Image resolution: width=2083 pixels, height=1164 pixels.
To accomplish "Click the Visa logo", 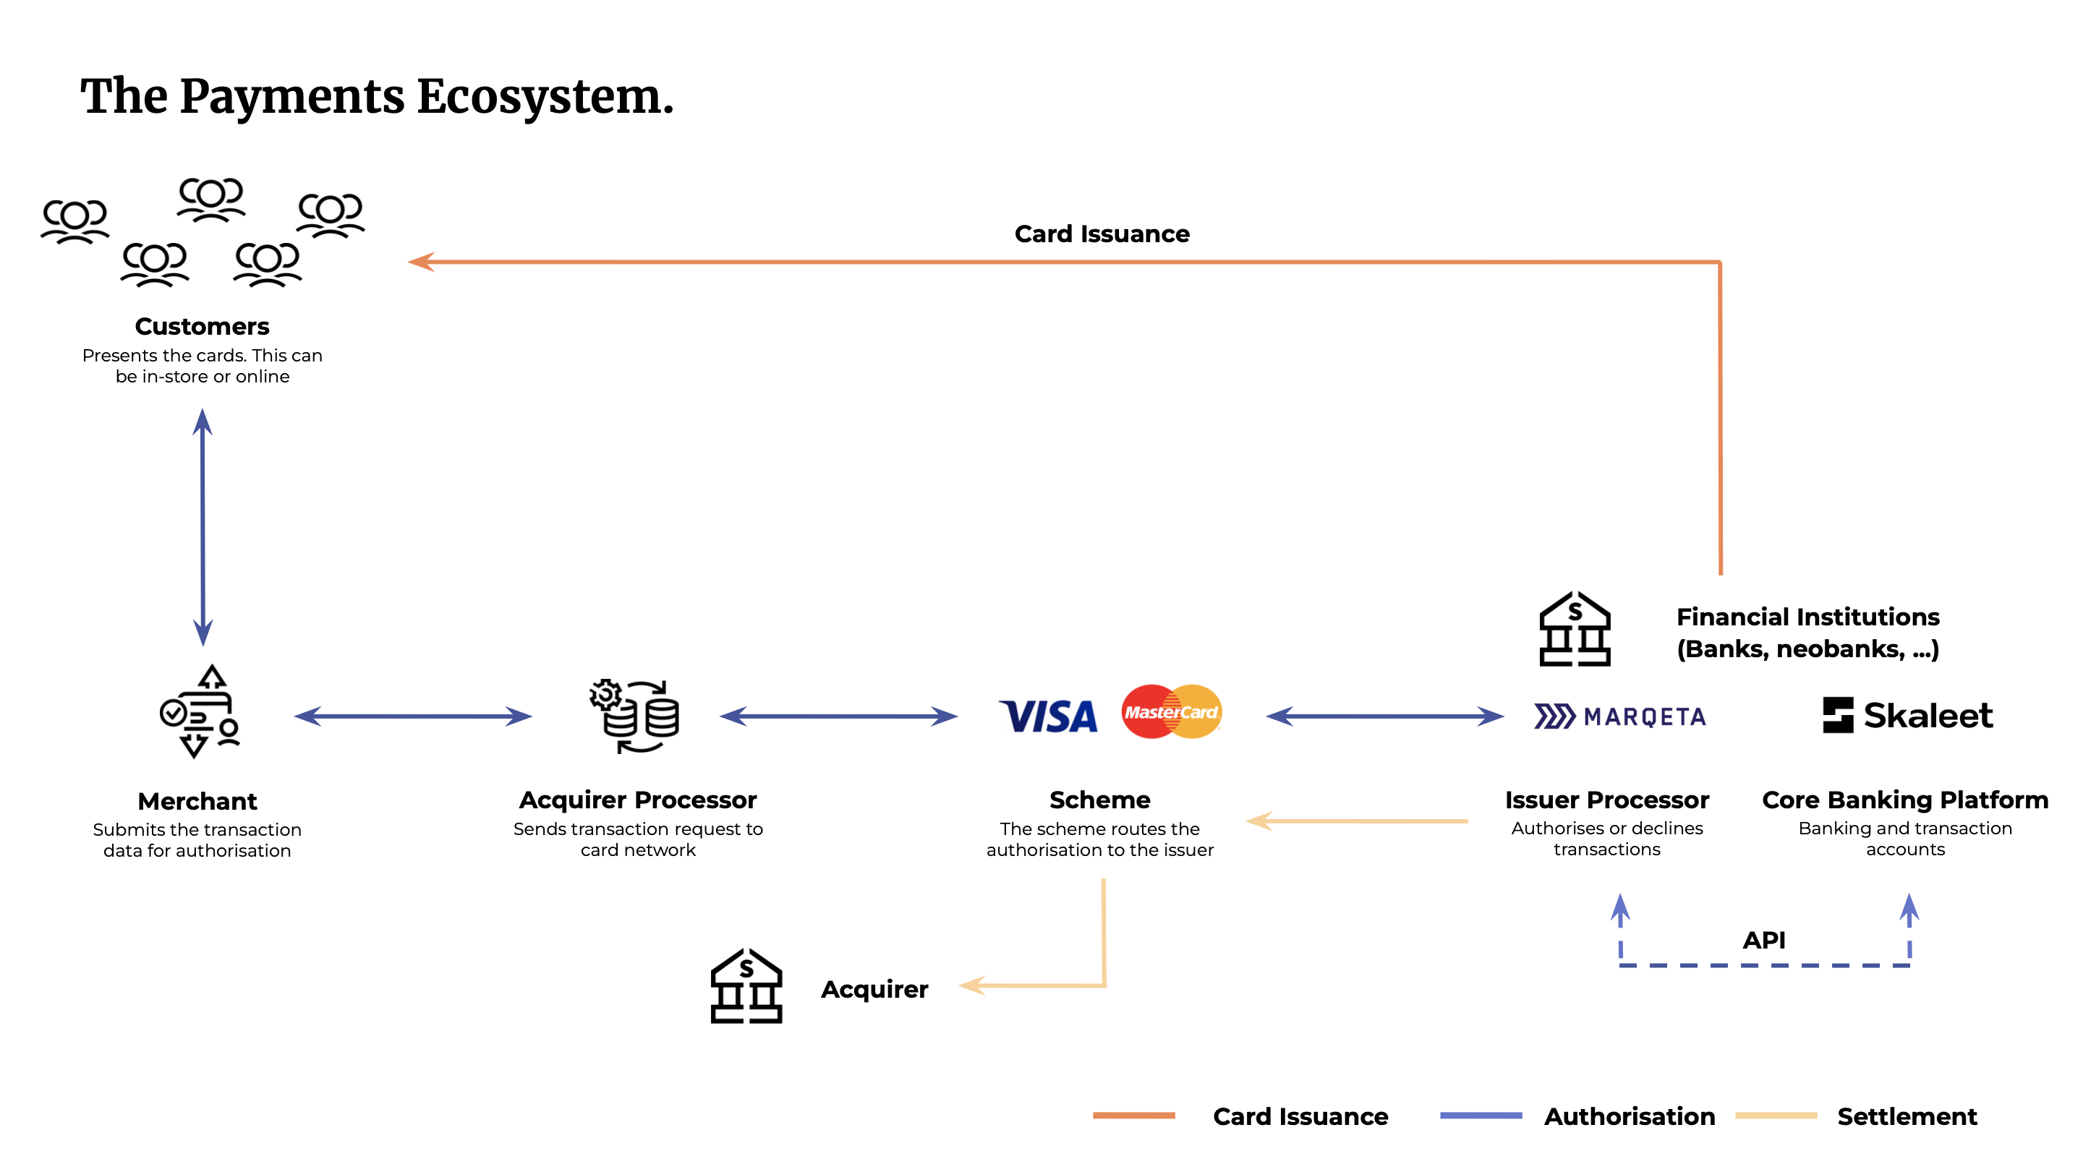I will (x=1049, y=716).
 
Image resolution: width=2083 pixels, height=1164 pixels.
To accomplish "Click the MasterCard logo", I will (x=1171, y=711).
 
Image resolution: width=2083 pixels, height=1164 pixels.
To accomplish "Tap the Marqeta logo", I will (x=1619, y=716).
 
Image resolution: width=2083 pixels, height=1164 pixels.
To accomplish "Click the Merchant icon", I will (x=200, y=712).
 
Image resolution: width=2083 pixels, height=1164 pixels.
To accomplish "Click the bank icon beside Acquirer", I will (x=746, y=986).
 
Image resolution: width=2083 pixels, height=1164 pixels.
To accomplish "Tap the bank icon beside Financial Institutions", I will (x=1574, y=630).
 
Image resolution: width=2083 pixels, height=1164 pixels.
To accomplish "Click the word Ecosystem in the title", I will (x=545, y=97).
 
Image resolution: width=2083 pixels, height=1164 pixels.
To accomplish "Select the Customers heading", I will (x=203, y=327).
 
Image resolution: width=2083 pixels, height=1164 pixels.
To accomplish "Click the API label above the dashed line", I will (x=1763, y=940).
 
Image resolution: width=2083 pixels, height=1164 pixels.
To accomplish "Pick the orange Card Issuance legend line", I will (x=1133, y=1116).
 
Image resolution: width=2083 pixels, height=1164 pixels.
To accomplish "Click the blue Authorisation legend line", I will (x=1481, y=1116).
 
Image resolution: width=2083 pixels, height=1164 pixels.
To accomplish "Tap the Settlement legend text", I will (x=1907, y=1116).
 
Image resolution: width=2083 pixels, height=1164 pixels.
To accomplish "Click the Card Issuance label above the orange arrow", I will (x=1102, y=234).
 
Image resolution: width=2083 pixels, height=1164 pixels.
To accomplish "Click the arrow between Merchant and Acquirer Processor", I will (x=412, y=716).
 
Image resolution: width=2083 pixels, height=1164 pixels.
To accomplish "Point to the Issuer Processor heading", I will (x=1606, y=800).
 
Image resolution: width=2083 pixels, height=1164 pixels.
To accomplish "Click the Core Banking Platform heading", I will (x=1904, y=800).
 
